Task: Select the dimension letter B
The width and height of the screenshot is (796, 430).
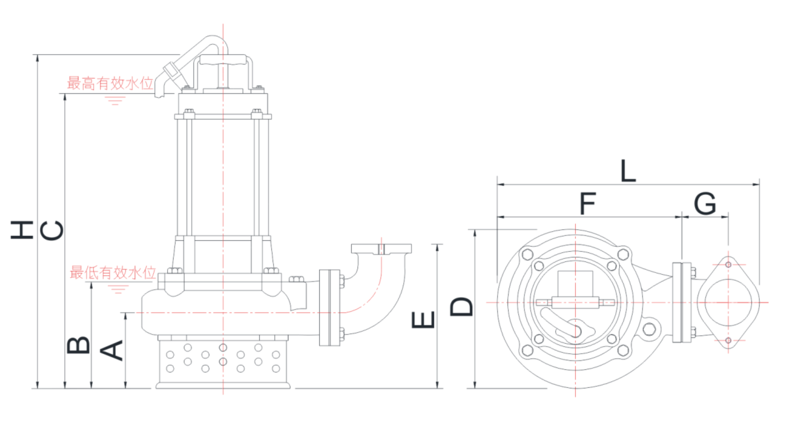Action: (x=78, y=345)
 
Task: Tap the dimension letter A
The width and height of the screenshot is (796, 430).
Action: (x=112, y=351)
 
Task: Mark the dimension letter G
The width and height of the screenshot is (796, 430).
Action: (x=705, y=204)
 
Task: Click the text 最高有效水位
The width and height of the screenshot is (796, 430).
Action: (x=110, y=83)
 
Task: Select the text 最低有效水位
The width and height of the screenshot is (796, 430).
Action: (x=113, y=273)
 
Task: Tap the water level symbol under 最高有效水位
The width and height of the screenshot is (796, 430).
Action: (x=114, y=100)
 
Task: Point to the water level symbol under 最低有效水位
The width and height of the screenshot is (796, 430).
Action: (x=116, y=289)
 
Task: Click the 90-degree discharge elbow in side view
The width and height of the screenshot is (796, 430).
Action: (x=377, y=288)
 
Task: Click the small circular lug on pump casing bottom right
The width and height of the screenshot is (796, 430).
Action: (x=649, y=329)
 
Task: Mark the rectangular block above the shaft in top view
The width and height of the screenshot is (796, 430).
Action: (x=576, y=284)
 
